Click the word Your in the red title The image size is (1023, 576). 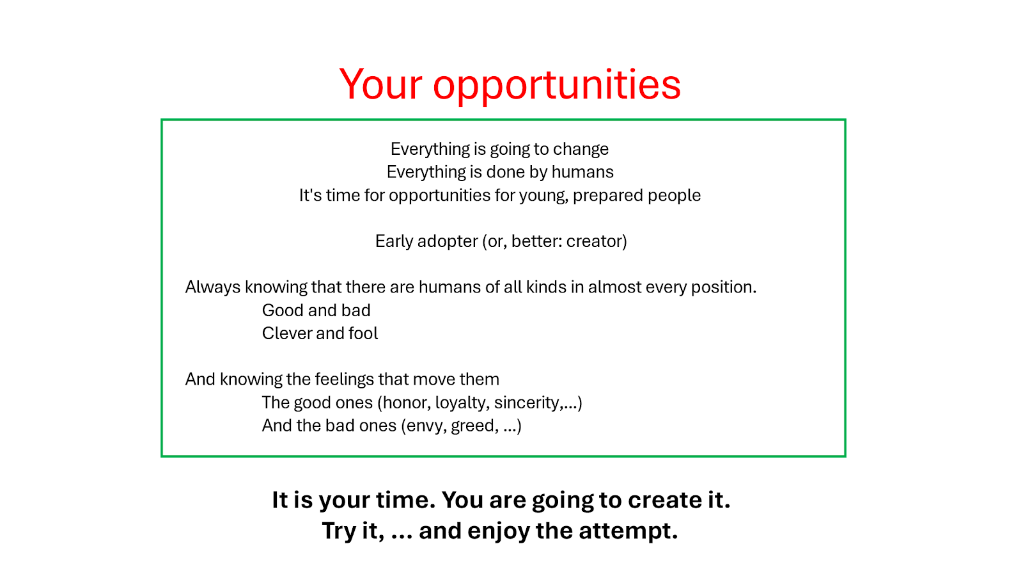click(380, 84)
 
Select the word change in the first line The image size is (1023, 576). click(581, 150)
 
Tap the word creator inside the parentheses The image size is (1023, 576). click(594, 241)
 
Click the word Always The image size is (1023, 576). click(212, 287)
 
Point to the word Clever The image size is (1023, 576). click(287, 333)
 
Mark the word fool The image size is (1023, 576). click(363, 333)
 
